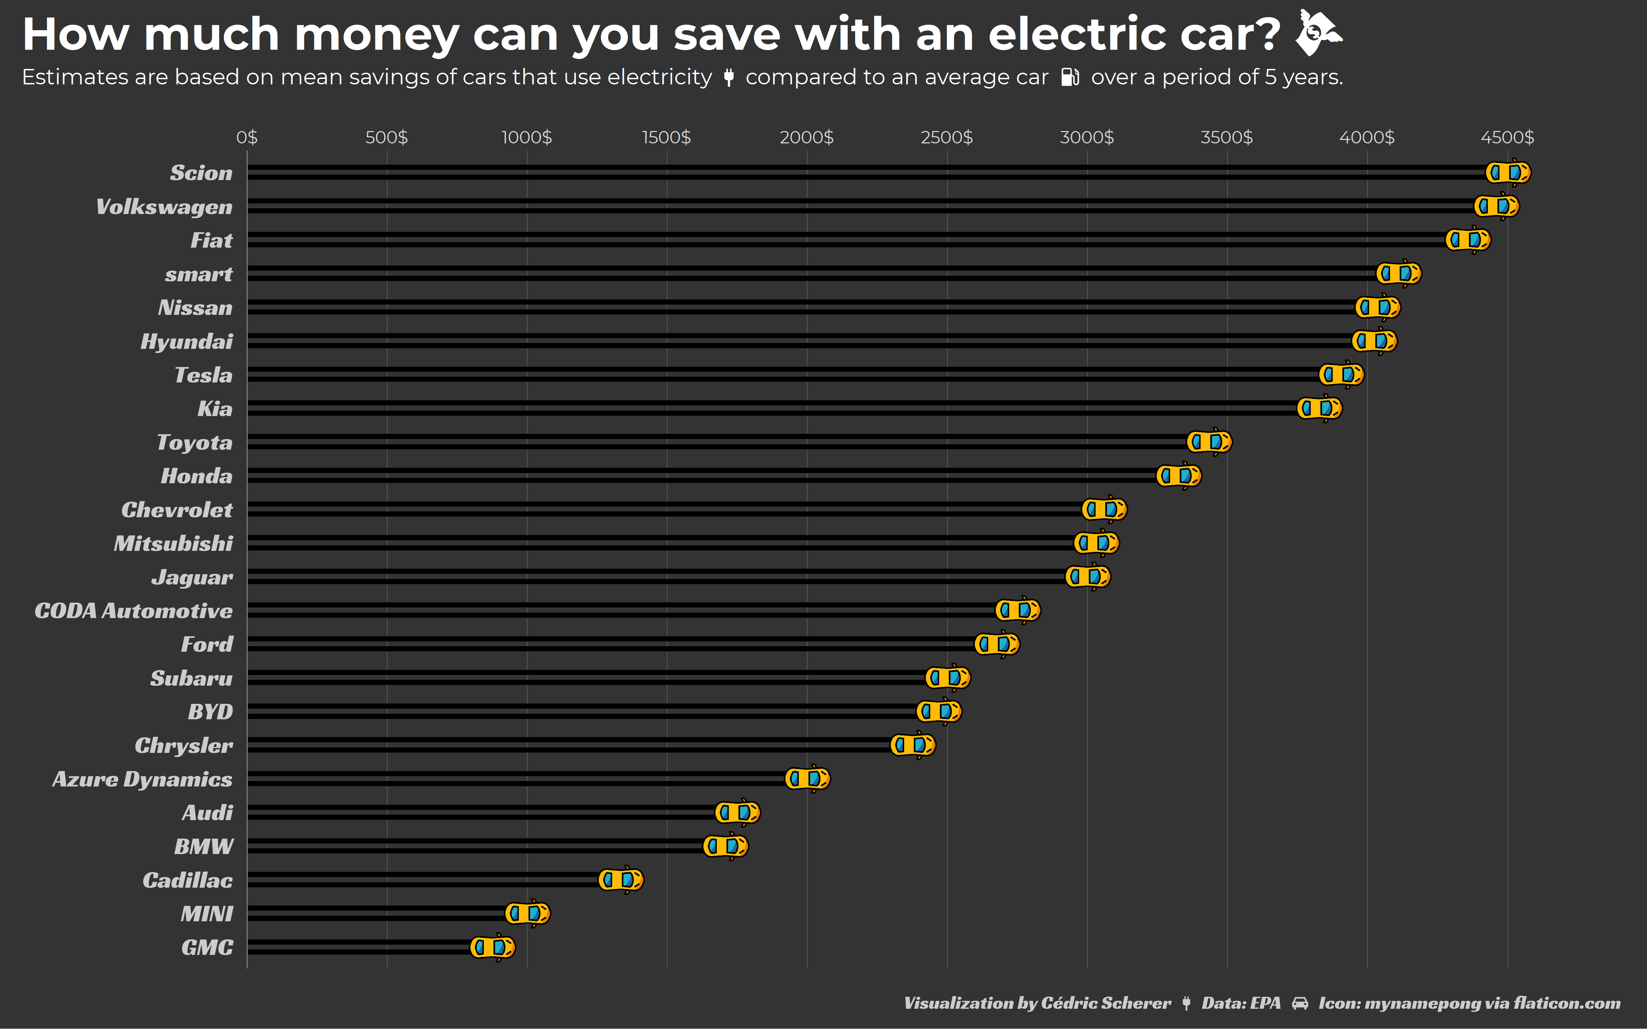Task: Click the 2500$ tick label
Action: tap(947, 138)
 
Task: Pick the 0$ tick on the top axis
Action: tap(247, 138)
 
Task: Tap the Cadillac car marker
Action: tap(621, 880)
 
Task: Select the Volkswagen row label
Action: tap(164, 207)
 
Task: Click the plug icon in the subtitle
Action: tap(729, 78)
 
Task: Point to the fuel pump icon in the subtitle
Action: tap(1070, 78)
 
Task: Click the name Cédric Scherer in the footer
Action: tap(1106, 1003)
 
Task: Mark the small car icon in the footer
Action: tap(1300, 1003)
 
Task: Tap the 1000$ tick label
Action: tap(527, 138)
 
